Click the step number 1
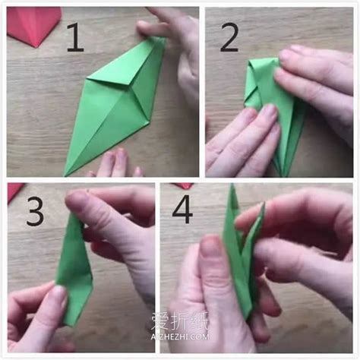[x=75, y=37]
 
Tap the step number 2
[x=229, y=37]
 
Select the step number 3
[x=35, y=211]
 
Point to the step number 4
[x=182, y=209]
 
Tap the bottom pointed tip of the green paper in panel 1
[x=65, y=175]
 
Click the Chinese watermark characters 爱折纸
[x=179, y=321]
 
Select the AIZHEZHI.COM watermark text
[x=180, y=336]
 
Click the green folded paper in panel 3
[x=74, y=269]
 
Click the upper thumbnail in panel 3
[x=77, y=203]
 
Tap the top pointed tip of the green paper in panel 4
[x=232, y=185]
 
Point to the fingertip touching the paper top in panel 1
[x=145, y=28]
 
